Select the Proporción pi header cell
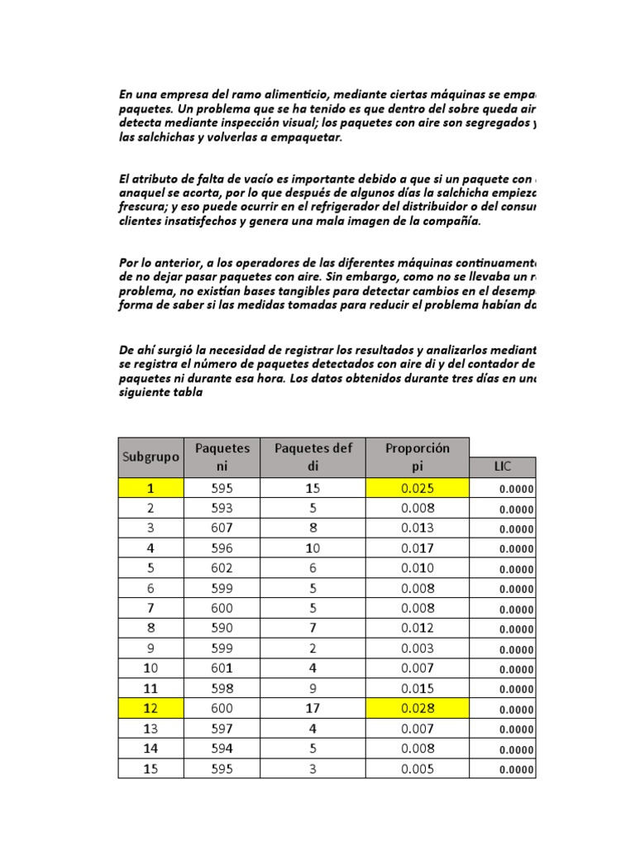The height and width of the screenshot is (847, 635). [418, 457]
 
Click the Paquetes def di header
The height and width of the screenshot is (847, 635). [313, 457]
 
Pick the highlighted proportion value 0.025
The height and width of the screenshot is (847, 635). [418, 488]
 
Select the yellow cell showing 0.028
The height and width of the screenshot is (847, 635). [418, 709]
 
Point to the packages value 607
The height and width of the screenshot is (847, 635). [222, 528]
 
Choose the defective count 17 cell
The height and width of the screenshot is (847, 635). [313, 709]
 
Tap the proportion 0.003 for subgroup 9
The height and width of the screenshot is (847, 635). [418, 648]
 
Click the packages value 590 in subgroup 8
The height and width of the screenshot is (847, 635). [222, 629]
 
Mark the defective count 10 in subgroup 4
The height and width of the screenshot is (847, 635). [313, 548]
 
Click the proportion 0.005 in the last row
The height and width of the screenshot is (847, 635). [418, 769]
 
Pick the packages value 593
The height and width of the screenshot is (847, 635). [222, 508]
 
